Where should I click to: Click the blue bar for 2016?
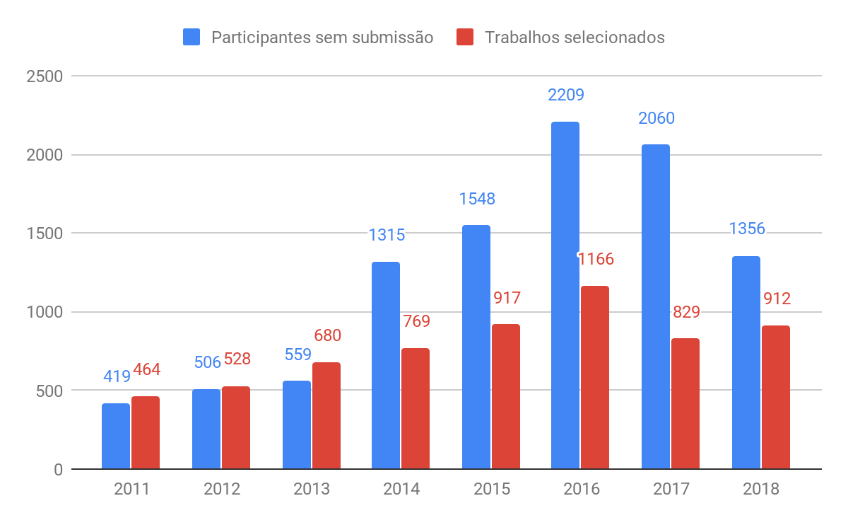tap(565, 295)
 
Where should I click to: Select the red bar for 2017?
tap(685, 403)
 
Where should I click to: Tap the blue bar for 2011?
tap(116, 436)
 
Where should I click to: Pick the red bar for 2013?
tap(326, 415)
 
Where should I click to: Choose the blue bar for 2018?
tap(746, 362)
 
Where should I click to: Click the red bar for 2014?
tap(416, 408)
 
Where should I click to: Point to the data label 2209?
tap(566, 95)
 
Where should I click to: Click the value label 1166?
tap(596, 259)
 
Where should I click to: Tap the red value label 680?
tap(327, 335)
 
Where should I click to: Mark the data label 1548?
tap(477, 199)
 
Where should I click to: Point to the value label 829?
tap(686, 312)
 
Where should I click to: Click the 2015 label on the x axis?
tap(491, 489)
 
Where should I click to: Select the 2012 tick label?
tap(222, 489)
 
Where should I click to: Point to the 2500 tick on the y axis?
tap(44, 76)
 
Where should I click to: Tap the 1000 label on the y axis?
tap(44, 312)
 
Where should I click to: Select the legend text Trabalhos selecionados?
tap(575, 37)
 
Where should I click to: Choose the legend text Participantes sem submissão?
tap(322, 37)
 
